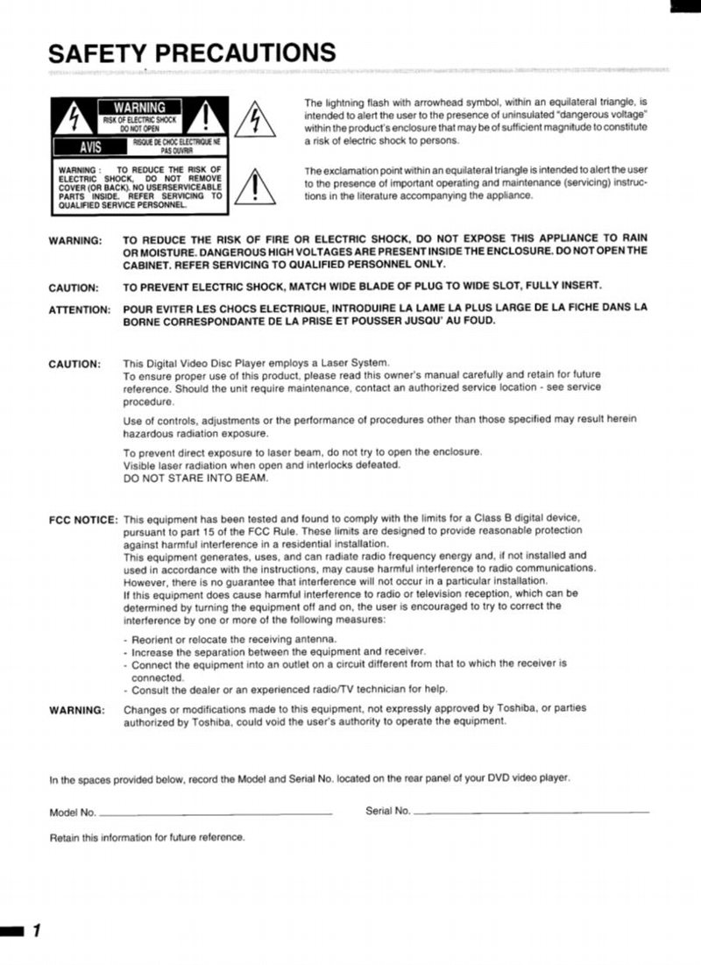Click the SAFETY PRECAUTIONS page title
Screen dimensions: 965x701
pyautogui.click(x=191, y=53)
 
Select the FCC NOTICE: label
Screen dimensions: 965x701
pyautogui.click(x=83, y=520)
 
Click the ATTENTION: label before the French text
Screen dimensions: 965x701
pyautogui.click(x=79, y=309)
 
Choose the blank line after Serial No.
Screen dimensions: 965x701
pyautogui.click(x=531, y=812)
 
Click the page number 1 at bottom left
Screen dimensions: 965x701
pyautogui.click(x=36, y=931)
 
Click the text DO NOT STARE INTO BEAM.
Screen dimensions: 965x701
pyautogui.click(x=196, y=478)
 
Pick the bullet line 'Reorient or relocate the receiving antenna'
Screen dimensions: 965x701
pyautogui.click(x=230, y=639)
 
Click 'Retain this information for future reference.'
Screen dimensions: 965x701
pyautogui.click(x=147, y=837)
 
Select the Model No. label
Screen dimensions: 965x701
pyautogui.click(x=73, y=812)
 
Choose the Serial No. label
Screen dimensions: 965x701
pyautogui.click(x=388, y=811)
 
